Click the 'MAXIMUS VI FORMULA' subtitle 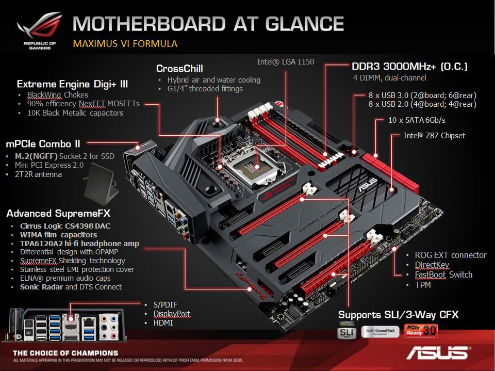125,43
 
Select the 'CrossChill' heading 179,69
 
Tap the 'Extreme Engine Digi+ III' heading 72,84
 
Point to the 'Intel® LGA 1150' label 285,62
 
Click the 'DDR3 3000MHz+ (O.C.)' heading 409,67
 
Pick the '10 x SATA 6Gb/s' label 417,120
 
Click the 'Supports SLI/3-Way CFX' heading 398,314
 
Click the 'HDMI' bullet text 163,323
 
